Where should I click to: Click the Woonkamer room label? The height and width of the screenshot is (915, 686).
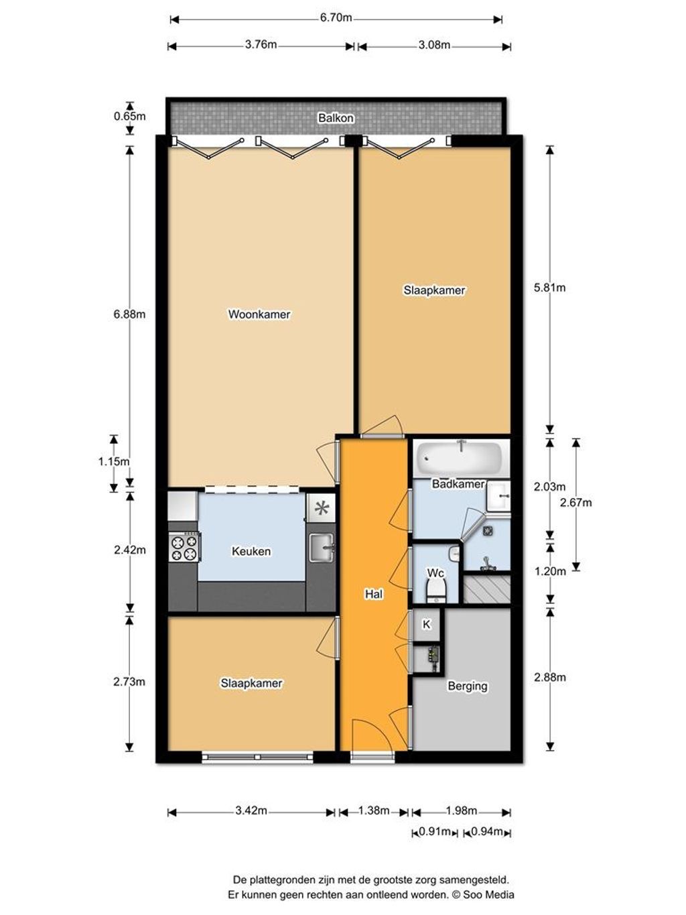(259, 314)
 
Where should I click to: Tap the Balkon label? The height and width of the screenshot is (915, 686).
(336, 118)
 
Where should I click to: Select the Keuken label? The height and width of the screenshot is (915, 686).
(251, 552)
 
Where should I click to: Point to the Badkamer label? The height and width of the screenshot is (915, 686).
(458, 484)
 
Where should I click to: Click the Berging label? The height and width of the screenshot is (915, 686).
(468, 686)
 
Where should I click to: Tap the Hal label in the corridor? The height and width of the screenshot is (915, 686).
(374, 594)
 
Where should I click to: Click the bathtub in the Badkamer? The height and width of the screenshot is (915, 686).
(460, 458)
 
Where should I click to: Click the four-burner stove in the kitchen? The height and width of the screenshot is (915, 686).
(184, 546)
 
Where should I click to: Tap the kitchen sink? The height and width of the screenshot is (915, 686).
(322, 547)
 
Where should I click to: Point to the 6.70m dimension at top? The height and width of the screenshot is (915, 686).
(336, 18)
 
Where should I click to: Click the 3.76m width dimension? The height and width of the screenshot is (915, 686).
(261, 46)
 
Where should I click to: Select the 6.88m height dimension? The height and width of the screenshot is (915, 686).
(129, 314)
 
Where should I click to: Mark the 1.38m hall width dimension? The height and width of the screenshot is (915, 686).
(374, 811)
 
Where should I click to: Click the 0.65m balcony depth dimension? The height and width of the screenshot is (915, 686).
(129, 116)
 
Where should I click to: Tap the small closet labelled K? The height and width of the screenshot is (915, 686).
(426, 625)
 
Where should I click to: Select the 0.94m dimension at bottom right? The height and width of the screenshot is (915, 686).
(487, 833)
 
